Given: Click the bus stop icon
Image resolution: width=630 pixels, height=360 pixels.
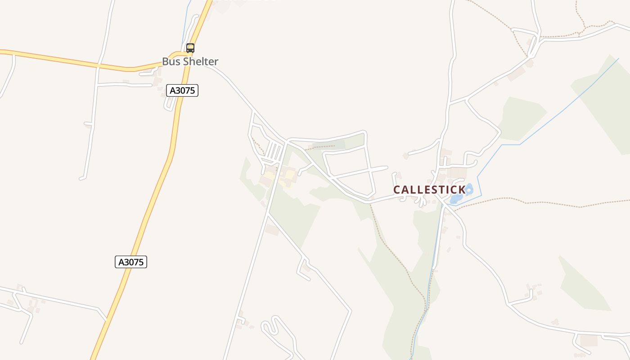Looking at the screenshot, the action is click(x=190, y=48).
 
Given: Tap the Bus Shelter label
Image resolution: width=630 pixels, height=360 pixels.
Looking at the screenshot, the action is click(x=190, y=62).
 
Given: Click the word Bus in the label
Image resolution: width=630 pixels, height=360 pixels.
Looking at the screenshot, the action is click(x=170, y=62).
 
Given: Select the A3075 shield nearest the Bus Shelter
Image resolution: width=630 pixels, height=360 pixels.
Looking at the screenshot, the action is click(x=182, y=90).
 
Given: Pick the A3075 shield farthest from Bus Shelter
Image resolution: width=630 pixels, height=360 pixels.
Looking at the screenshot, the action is click(x=131, y=262).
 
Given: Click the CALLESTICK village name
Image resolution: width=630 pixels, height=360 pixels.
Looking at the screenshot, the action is click(x=429, y=190).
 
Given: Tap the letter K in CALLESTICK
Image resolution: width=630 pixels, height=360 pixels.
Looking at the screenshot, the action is click(x=461, y=190).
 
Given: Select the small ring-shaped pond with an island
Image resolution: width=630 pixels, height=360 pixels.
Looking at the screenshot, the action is click(x=469, y=189).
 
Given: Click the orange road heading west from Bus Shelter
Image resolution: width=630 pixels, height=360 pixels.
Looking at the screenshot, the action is click(x=67, y=59).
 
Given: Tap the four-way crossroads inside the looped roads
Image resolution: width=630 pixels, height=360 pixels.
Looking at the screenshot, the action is click(x=370, y=170).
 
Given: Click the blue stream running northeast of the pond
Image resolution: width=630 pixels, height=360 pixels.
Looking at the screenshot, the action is click(x=562, y=112).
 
